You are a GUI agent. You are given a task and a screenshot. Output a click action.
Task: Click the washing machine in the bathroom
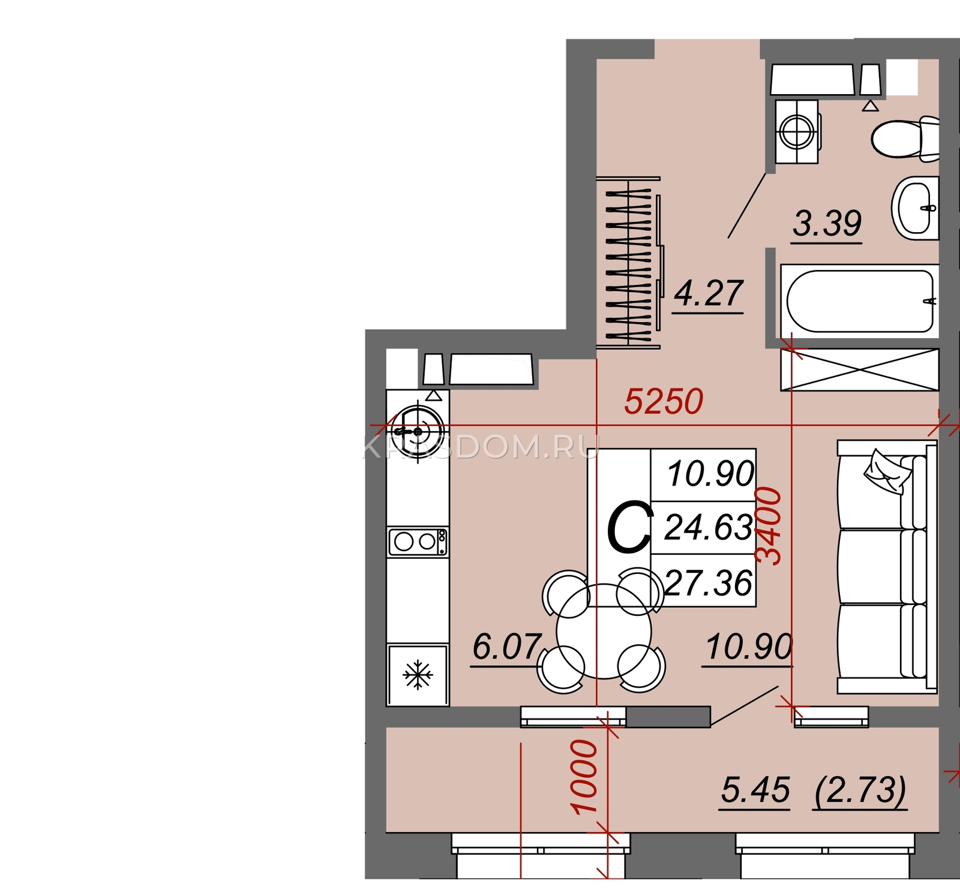[797, 131]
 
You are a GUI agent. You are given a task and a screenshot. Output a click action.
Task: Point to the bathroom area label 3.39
[827, 224]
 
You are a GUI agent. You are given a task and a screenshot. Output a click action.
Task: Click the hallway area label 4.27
[709, 293]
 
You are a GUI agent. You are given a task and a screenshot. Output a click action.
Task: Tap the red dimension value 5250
[664, 401]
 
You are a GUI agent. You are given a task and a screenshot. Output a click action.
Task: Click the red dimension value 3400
[769, 526]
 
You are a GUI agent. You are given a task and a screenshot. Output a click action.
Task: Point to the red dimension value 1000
[584, 777]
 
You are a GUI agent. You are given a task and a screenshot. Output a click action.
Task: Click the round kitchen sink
[418, 431]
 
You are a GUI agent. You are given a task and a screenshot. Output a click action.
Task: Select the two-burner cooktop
[418, 542]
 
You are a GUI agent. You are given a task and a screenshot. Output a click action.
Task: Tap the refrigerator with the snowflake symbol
[418, 675]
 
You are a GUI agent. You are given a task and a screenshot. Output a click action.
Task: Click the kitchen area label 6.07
[507, 647]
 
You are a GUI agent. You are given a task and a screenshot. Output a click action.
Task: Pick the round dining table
[604, 632]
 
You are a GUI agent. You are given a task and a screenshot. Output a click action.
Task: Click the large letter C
[629, 528]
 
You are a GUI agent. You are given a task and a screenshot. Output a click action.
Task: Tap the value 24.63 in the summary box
[709, 528]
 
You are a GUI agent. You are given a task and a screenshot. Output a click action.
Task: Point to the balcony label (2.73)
[861, 790]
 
